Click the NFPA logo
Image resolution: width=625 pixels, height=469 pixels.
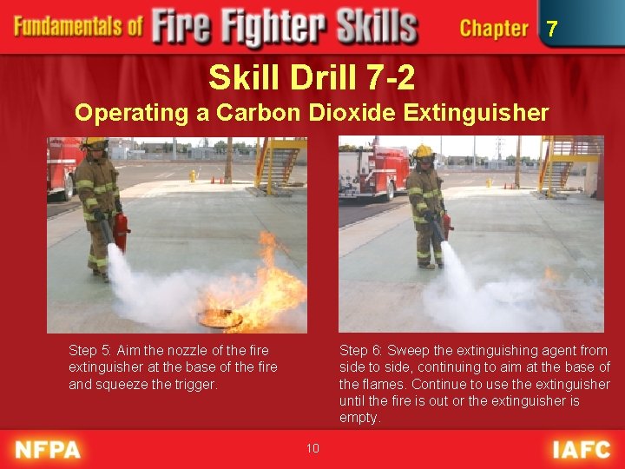click(49, 449)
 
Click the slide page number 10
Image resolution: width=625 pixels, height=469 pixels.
click(312, 448)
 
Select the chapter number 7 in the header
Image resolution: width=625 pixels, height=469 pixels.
click(552, 29)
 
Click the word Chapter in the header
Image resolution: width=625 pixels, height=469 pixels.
click(494, 29)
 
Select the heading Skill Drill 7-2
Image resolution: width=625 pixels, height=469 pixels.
click(312, 79)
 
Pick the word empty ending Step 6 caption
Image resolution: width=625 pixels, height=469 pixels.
click(359, 418)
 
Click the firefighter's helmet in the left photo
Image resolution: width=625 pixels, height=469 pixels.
click(94, 143)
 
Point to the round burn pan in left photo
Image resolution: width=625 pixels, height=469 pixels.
click(220, 319)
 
